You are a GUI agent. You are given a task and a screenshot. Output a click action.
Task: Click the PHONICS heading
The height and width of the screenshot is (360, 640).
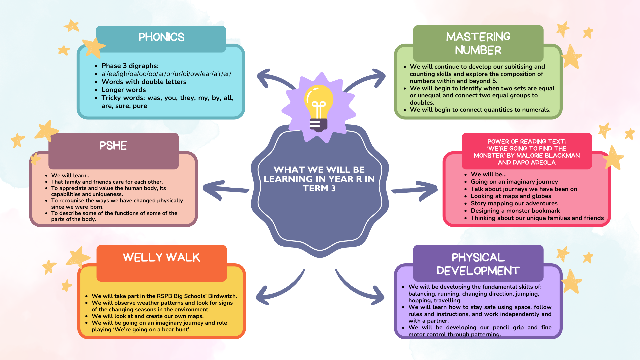161,37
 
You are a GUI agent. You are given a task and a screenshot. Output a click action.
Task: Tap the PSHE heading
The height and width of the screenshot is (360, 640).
113,146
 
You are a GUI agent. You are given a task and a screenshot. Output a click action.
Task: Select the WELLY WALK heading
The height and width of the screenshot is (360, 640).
161,257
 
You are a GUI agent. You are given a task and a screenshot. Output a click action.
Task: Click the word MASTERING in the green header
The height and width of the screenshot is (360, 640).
478,37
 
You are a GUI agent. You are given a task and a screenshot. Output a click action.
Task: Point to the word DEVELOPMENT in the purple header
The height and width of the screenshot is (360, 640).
478,271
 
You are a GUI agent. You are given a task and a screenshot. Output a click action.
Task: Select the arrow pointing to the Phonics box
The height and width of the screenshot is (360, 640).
273,80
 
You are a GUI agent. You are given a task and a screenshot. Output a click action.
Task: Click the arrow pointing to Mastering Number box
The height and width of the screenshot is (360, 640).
367,80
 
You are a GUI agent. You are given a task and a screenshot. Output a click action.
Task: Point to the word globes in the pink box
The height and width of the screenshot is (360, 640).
541,196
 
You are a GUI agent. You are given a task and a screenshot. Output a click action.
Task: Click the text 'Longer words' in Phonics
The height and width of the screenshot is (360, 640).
124,90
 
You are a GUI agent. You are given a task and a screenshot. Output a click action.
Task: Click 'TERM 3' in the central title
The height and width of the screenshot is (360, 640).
319,188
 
